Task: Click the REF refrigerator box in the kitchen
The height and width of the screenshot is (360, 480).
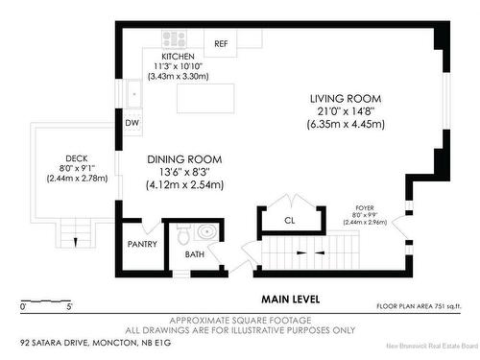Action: pos(221,43)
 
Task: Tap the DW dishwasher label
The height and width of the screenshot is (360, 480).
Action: pos(132,123)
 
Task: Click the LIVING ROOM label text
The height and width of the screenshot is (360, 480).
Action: pos(345,99)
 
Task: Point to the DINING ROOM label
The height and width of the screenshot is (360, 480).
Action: pos(184,159)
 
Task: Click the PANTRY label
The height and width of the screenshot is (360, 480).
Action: pos(141,244)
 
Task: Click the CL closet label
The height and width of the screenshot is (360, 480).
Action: pos(289,221)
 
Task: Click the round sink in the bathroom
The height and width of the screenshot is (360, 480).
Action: pos(204,231)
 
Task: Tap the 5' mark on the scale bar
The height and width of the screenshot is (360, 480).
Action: pos(69,307)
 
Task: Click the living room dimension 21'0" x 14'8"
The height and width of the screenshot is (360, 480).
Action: pos(345,112)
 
